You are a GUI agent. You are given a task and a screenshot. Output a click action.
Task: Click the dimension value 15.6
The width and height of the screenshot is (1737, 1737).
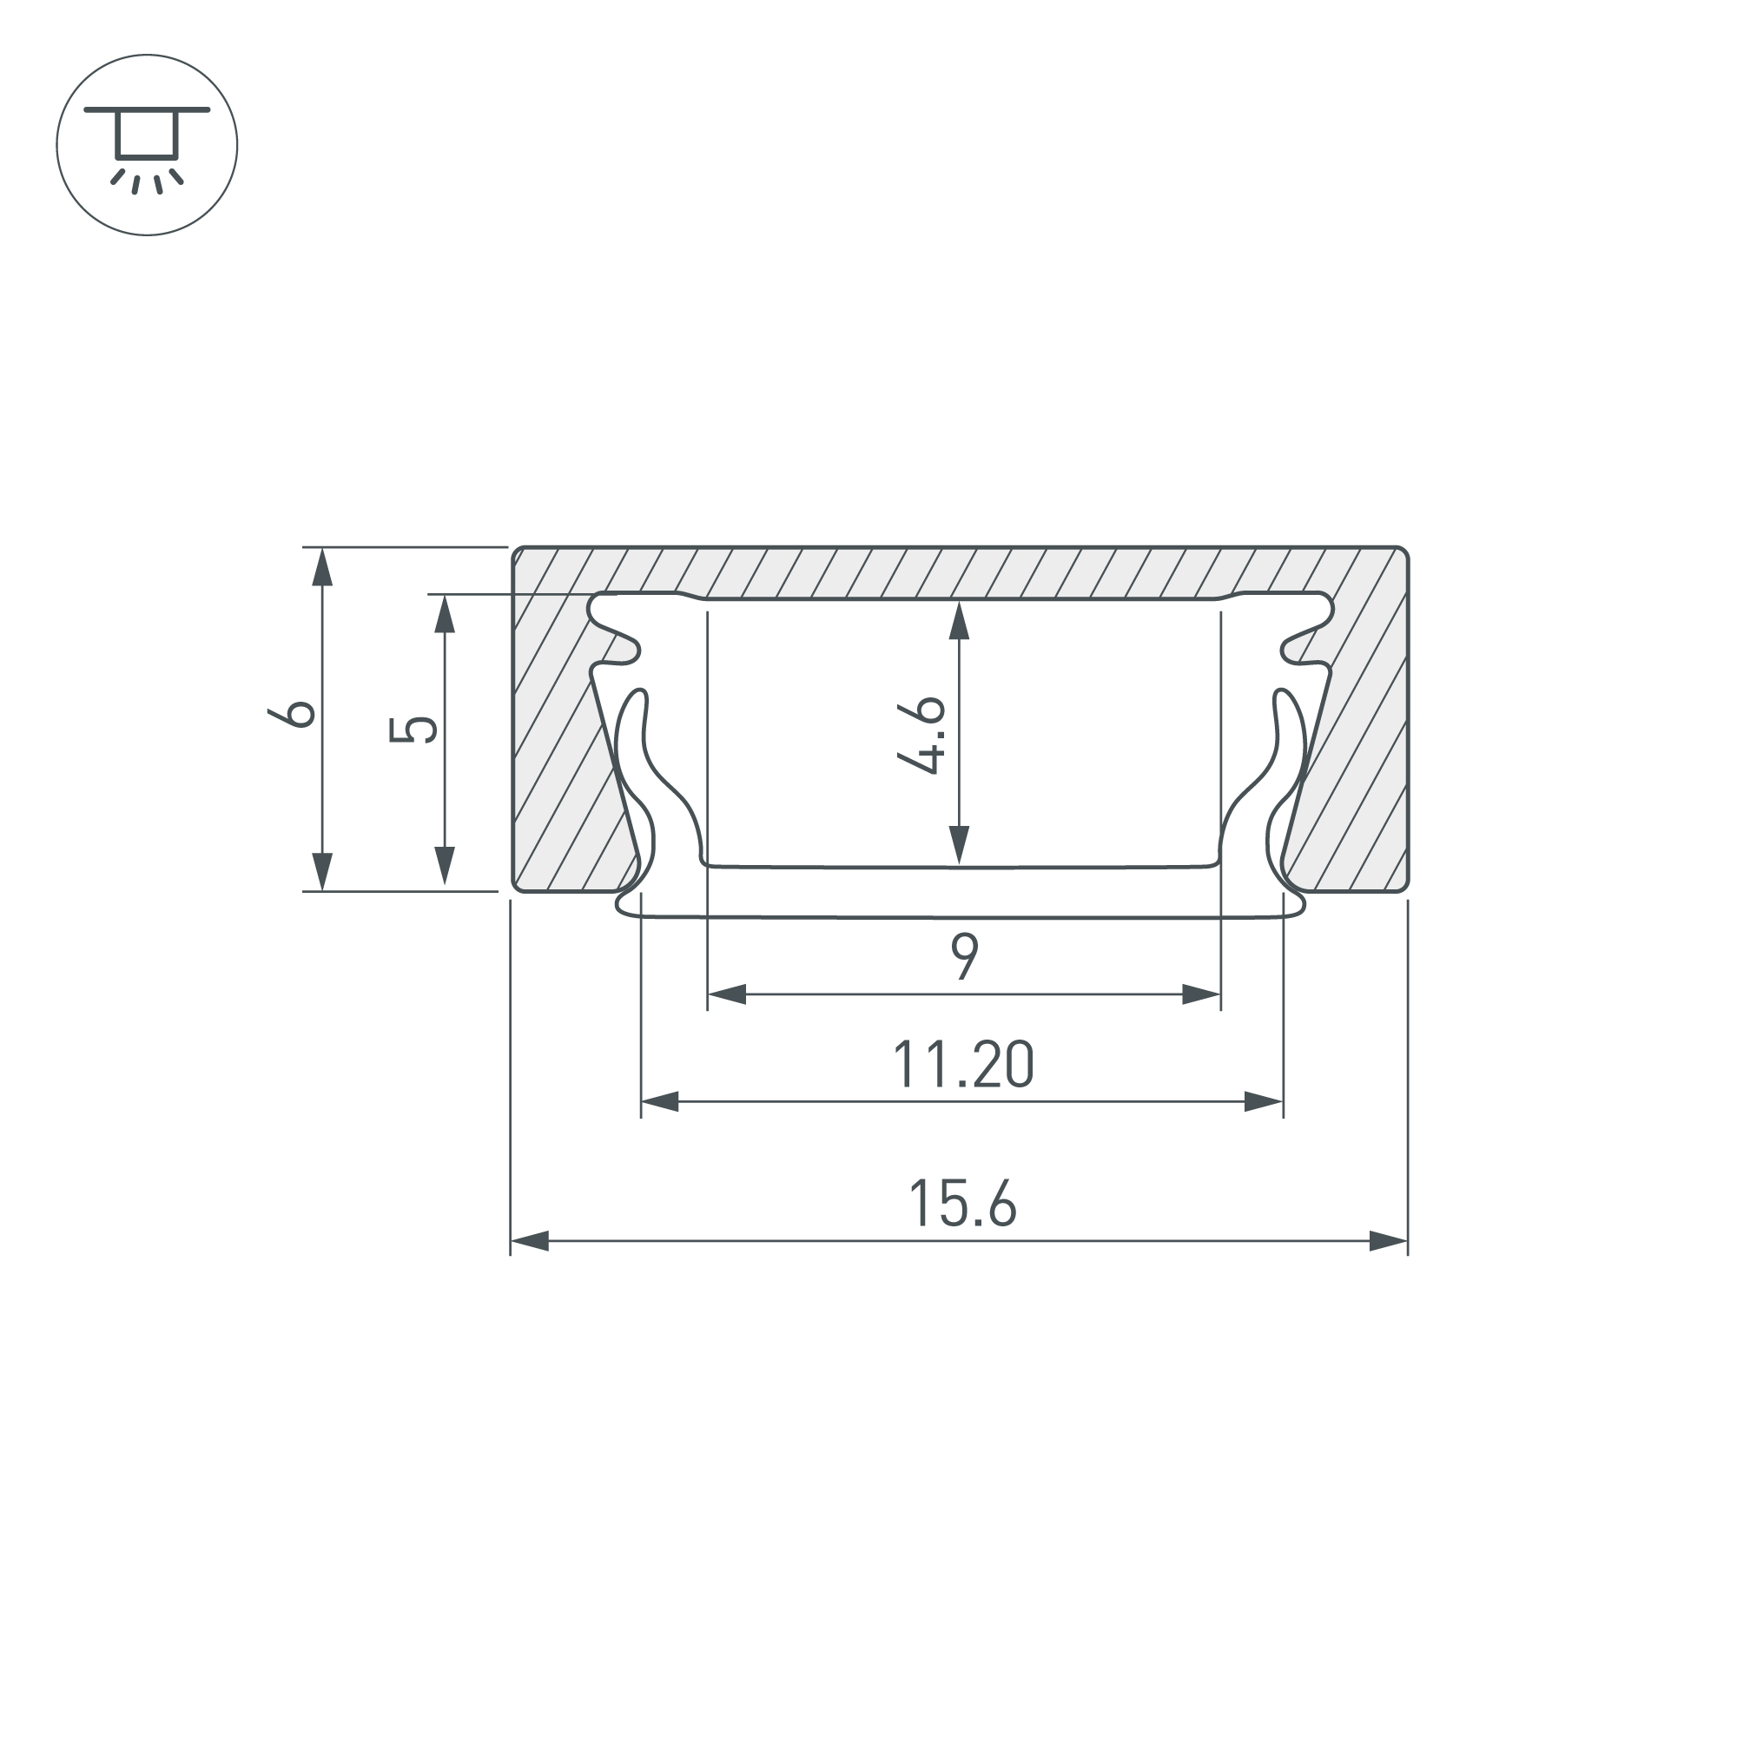[x=962, y=1204]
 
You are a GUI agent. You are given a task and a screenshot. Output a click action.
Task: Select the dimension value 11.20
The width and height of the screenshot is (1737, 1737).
[x=963, y=1065]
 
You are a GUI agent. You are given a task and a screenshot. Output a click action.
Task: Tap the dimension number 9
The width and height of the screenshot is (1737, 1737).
[x=965, y=956]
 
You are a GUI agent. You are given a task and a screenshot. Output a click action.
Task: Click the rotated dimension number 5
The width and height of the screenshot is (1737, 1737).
[x=413, y=730]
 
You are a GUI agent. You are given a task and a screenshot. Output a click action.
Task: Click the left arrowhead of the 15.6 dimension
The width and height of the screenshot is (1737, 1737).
[x=530, y=1242]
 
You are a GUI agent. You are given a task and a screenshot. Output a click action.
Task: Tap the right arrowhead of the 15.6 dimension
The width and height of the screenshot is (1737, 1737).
[x=1388, y=1242]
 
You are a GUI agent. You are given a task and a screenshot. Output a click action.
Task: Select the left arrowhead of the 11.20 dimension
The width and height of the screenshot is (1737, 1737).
[x=660, y=1101]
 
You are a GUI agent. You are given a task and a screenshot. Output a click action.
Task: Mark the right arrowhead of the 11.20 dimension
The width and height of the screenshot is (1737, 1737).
[x=1263, y=1101]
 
